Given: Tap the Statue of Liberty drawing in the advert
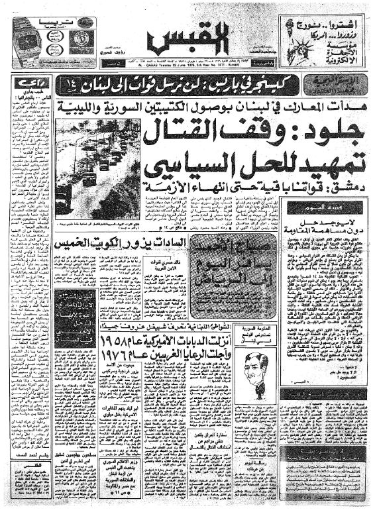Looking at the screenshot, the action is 290,40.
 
